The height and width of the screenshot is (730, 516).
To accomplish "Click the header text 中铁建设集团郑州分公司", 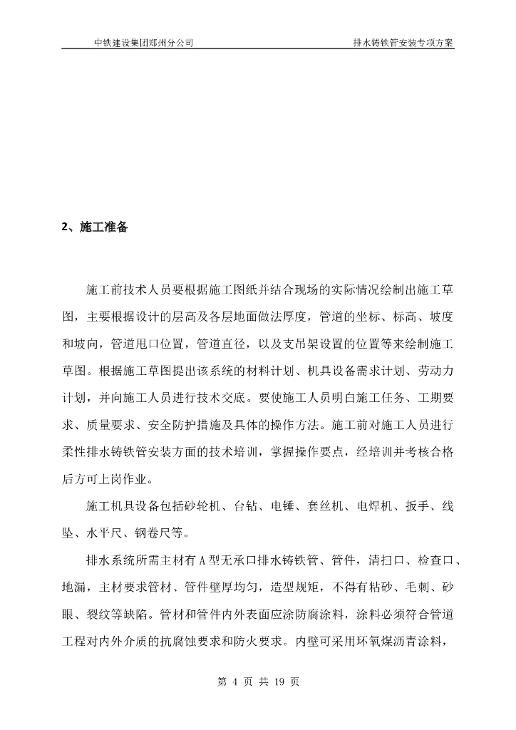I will pyautogui.click(x=144, y=42).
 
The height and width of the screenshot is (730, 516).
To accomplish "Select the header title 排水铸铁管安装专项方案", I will pyautogui.click(x=403, y=42).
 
